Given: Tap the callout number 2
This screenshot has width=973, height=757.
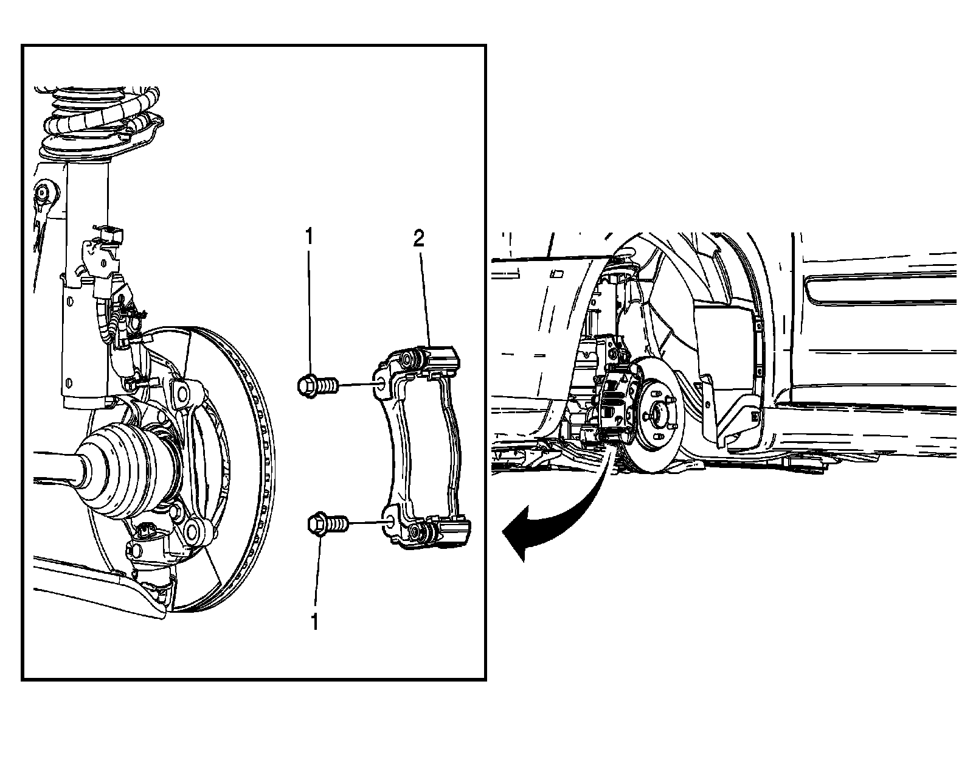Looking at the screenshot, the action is coord(418,239).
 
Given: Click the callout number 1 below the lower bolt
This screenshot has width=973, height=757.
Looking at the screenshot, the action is coord(314,623).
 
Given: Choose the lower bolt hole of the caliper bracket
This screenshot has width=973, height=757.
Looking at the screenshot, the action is coord(389,519).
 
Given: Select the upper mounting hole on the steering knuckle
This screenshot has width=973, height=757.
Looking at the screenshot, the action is coord(181,393).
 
